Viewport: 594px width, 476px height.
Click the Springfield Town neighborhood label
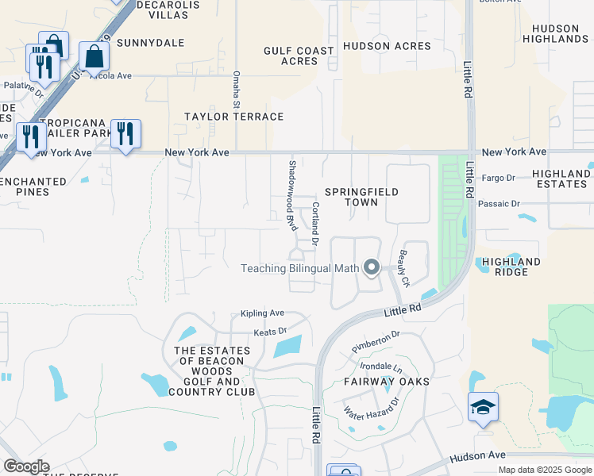[361, 197]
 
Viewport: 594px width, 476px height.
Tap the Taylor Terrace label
[233, 117]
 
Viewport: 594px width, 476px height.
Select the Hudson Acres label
[388, 46]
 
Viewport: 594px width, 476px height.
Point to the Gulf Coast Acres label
[299, 56]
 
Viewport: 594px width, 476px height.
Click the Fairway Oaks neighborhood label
[387, 382]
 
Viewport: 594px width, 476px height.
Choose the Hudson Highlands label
[557, 33]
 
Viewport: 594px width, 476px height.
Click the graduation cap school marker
[484, 407]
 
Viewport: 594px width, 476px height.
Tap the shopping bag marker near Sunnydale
[94, 57]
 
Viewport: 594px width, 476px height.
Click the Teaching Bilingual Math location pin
[371, 267]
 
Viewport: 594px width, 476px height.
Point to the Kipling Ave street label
[262, 313]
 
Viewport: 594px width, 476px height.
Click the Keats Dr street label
[269, 332]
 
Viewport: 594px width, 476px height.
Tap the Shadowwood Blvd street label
[292, 195]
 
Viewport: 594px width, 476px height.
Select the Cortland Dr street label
[315, 223]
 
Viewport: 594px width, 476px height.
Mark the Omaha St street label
[236, 89]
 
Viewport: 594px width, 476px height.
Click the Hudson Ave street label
[477, 456]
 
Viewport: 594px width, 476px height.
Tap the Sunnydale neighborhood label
[145, 42]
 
